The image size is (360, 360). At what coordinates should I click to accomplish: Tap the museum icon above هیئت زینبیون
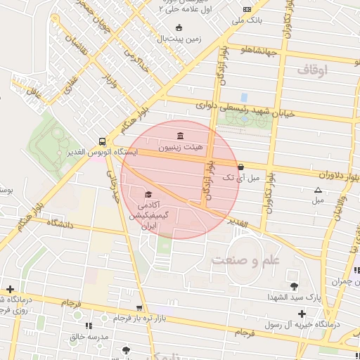[181, 135]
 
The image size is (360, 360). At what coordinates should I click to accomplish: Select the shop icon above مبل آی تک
[241, 167]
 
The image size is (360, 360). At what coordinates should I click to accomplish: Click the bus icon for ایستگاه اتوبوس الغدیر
[103, 140]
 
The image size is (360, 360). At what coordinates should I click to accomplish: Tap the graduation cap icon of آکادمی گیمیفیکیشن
[148, 194]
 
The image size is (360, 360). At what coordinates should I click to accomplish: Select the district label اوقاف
[313, 70]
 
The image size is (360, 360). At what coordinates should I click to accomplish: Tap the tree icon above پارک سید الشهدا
[293, 285]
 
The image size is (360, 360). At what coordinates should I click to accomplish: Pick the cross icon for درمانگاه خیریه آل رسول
[302, 313]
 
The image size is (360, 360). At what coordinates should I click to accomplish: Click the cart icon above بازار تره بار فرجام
[139, 308]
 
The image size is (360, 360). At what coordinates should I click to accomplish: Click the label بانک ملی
[247, 20]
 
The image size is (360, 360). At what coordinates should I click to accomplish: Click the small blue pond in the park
[243, 97]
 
